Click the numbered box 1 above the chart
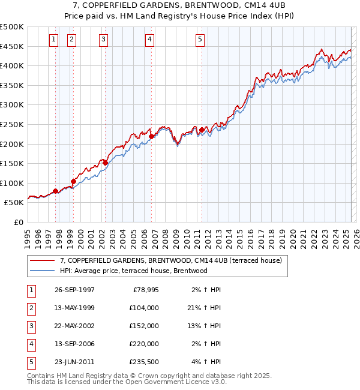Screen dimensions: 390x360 point(53,40)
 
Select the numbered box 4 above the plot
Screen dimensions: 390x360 point(149,40)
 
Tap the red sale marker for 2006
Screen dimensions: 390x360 point(151,136)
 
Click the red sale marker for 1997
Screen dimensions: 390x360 point(56,191)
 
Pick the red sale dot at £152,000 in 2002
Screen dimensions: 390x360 point(105,163)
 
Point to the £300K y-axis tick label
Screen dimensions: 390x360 point(12,104)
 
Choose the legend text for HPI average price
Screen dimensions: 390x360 point(133,271)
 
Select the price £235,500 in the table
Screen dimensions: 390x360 point(143,362)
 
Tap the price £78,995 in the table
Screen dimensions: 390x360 point(145,290)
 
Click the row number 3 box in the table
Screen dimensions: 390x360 point(30,326)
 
